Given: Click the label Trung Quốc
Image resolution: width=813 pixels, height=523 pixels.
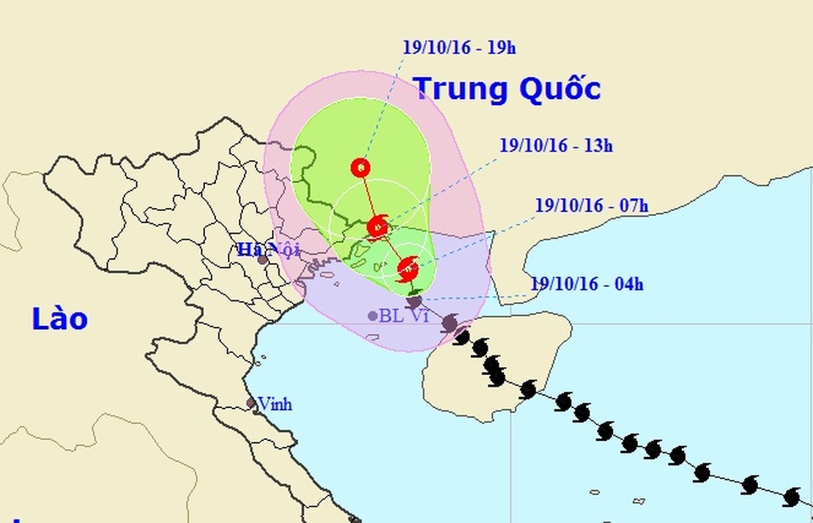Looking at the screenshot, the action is click(x=506, y=89).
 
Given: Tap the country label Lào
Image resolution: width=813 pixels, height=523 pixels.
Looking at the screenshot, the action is click(x=59, y=319).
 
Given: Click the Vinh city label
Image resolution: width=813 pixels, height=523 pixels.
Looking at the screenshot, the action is click(x=275, y=405).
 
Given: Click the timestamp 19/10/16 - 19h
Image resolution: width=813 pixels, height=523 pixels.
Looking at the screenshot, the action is click(x=459, y=47).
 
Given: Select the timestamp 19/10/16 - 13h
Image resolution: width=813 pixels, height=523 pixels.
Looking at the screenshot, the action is click(x=556, y=146).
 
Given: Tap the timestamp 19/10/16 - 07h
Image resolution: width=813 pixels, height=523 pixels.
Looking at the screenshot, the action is click(x=591, y=205).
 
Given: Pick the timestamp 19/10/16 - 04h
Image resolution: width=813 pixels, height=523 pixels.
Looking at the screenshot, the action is click(x=587, y=284).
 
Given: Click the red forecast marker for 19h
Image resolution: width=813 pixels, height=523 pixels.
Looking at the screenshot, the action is click(x=361, y=168).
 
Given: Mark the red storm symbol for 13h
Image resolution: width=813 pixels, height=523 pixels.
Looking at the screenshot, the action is click(x=378, y=226).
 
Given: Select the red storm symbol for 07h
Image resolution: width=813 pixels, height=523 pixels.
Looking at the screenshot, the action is click(x=407, y=269).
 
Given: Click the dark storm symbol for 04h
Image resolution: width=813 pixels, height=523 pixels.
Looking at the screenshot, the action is click(x=414, y=300).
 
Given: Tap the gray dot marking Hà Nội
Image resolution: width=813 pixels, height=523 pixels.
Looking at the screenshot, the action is click(x=263, y=260).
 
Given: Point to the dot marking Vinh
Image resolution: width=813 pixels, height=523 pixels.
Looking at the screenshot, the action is click(x=252, y=404).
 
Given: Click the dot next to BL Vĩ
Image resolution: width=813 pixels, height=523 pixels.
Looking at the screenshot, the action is click(x=373, y=317).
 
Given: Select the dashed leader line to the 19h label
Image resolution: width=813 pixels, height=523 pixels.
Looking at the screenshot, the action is click(x=381, y=110).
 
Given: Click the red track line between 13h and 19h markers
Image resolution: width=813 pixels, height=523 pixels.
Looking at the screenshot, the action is click(x=368, y=196).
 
